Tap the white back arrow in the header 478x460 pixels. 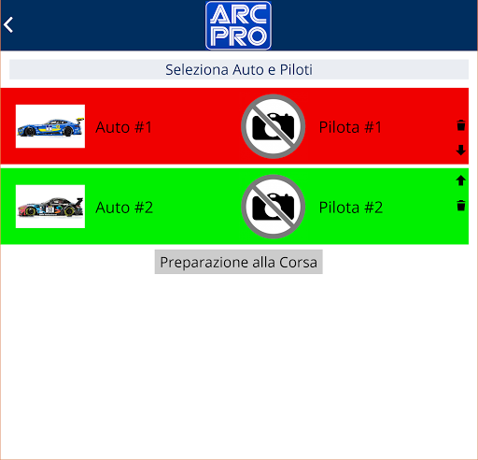[x=8, y=24]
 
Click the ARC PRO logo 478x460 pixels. [x=238, y=25]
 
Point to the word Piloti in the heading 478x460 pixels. [x=296, y=69]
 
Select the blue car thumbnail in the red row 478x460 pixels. [x=50, y=126]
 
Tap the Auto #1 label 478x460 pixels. [x=124, y=127]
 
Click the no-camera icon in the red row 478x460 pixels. [x=273, y=126]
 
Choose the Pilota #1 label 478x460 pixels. [x=350, y=127]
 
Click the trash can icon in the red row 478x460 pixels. [x=461, y=125]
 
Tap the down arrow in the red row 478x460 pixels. [x=461, y=150]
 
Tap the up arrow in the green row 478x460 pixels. [x=461, y=180]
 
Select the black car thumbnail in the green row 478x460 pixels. [x=50, y=207]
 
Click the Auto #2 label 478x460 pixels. [x=124, y=208]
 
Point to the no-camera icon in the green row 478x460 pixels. [x=273, y=207]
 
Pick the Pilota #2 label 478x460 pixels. [x=351, y=208]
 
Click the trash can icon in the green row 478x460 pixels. [x=461, y=206]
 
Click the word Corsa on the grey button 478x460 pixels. [x=298, y=262]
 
